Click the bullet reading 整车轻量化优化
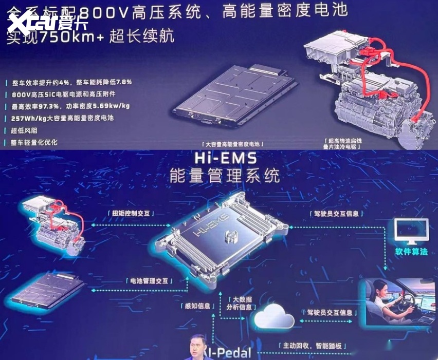point(34,142)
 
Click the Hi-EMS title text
point(225,157)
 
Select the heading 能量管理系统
point(225,175)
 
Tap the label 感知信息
point(198,306)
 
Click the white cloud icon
point(274,316)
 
